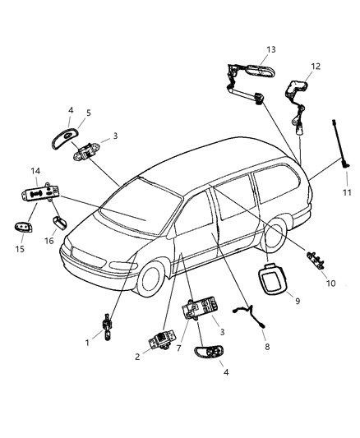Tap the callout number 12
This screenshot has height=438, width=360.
click(316, 67)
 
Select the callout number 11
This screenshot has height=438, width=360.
click(346, 192)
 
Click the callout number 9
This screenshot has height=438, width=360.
click(297, 301)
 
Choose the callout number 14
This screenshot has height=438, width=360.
click(35, 171)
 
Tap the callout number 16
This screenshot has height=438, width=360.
click(48, 241)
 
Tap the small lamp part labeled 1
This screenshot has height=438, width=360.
click(108, 326)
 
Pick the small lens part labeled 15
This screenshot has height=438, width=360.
click(22, 228)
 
